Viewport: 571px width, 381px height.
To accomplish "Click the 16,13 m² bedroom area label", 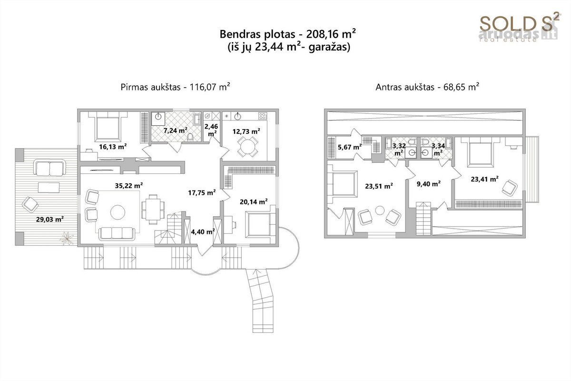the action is point(113,147).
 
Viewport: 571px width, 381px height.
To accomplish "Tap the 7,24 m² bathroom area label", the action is point(176,130).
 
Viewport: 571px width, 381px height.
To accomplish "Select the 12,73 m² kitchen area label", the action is point(246,131).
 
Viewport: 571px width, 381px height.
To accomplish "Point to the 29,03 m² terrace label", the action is point(49,219).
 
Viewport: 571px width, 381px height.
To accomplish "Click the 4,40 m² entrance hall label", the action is point(203,232).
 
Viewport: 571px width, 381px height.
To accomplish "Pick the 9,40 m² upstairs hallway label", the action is point(429,184).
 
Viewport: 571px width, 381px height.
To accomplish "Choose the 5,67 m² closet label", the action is point(350,147).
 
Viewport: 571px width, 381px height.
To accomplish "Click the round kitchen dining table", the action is point(247,147).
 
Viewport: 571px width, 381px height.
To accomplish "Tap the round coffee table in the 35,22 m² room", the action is point(118,212).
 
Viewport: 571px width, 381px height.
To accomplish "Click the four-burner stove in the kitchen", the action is point(263,116).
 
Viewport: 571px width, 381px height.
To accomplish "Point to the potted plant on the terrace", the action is point(67,238).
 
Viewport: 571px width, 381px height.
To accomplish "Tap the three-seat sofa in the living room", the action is point(117,233).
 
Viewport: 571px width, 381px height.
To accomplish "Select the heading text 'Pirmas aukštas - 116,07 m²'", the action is point(176,87).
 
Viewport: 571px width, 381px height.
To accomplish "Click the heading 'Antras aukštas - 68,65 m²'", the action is point(427,87).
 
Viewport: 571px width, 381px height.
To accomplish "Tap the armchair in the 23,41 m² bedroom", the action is point(510,188).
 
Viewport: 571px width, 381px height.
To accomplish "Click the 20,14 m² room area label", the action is point(254,202).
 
